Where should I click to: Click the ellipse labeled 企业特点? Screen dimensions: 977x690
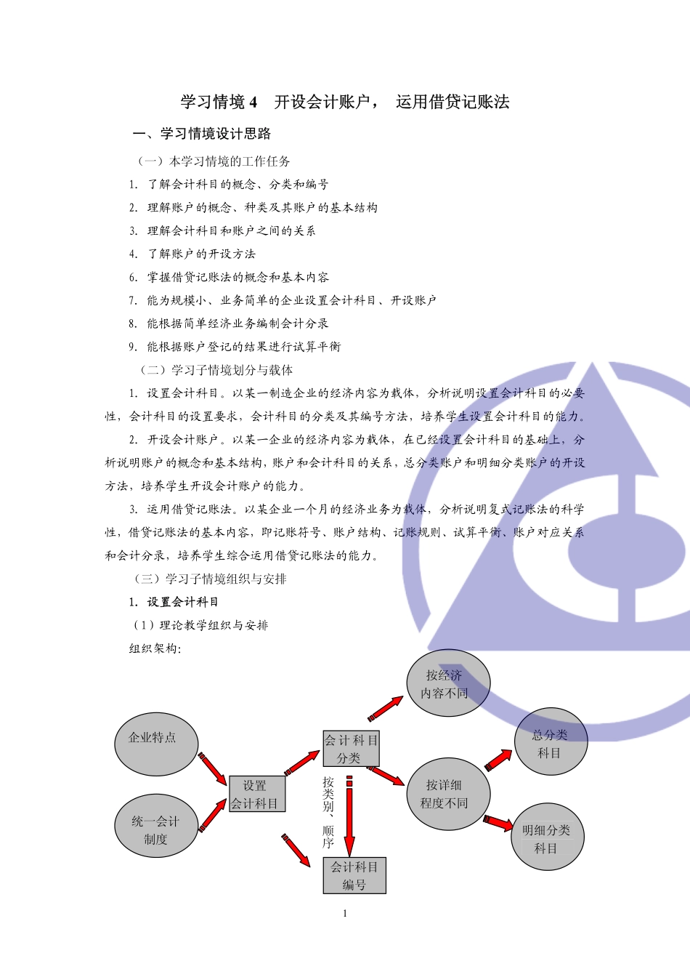click(155, 744)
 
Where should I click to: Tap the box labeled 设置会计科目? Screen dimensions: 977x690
click(256, 794)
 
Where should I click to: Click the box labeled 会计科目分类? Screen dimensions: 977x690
click(351, 749)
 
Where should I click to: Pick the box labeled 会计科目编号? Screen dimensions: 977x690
click(354, 875)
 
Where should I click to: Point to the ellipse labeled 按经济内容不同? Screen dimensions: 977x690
click(447, 683)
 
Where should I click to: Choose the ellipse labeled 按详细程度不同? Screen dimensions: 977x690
click(447, 794)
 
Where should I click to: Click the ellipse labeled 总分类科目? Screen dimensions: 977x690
click(551, 742)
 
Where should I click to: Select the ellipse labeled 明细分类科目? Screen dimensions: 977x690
click(547, 837)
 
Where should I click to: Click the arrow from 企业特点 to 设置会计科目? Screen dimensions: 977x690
click(212, 768)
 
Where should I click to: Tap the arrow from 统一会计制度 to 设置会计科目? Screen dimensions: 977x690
click(212, 816)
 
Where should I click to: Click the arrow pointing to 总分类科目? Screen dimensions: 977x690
click(498, 760)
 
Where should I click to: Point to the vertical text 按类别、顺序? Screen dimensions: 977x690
click(328, 813)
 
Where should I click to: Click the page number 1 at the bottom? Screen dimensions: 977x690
click(345, 914)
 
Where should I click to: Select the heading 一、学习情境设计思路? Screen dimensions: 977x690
click(202, 134)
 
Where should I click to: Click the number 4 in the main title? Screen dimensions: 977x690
click(253, 102)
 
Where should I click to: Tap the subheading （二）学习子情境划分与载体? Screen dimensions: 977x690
click(216, 370)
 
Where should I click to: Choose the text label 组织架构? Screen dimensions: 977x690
click(155, 648)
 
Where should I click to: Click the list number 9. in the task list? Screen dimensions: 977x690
click(134, 347)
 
